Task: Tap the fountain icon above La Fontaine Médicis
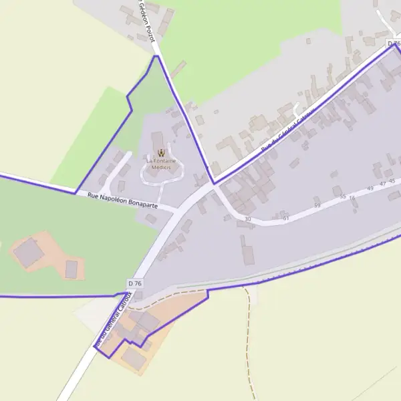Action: pos(160,153)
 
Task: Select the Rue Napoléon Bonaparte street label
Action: pos(123,200)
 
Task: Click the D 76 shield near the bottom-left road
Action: pos(134,283)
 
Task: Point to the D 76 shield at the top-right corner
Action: pos(394,43)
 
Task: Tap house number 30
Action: pos(248,219)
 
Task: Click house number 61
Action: pos(286,218)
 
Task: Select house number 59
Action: pos(317,205)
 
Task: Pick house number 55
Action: pos(343,196)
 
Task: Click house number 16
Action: pos(352,198)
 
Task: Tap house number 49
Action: pos(370,188)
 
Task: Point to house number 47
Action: pos(382,184)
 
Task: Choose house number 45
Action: pos(392,181)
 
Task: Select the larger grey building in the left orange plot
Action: pos(29,253)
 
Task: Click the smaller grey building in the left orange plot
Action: pos(72,269)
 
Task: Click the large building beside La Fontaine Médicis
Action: pos(158,142)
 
